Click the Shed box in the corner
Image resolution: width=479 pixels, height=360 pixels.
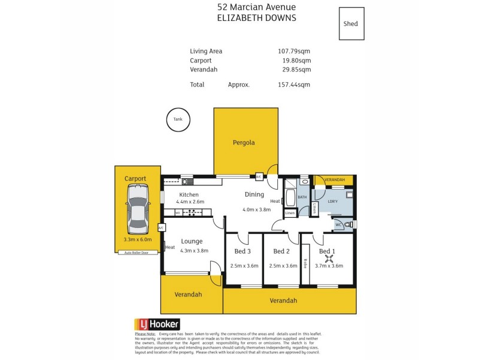point(351,24)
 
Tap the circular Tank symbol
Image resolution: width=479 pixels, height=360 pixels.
point(178,119)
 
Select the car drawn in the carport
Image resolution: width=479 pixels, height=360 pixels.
point(137,209)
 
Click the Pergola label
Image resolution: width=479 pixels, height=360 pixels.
point(244,143)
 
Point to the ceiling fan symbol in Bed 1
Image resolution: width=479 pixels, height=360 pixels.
point(328,259)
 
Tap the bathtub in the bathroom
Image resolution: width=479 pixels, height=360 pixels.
point(290,197)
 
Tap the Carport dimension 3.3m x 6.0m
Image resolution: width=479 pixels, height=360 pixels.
point(138,239)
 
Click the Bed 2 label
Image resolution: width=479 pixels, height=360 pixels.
point(281,251)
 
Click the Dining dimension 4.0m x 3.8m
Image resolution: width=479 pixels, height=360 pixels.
point(256,209)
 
